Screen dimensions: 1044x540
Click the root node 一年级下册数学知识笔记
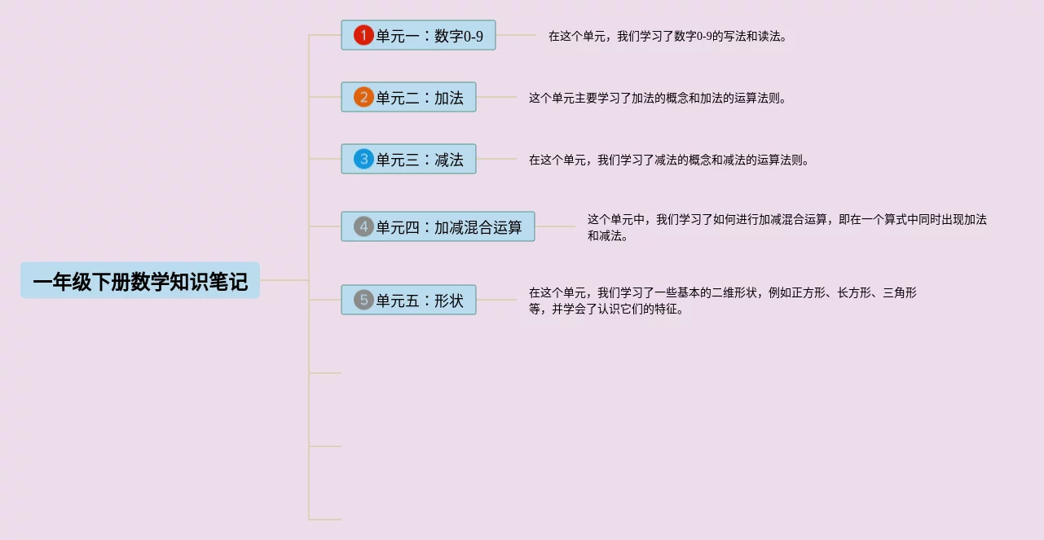[140, 281]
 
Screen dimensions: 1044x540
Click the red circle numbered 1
[363, 35]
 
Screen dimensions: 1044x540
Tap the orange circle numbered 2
[363, 97]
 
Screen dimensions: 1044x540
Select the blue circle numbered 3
[363, 159]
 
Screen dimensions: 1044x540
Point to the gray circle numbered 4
[363, 226]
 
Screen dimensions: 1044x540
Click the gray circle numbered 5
[363, 300]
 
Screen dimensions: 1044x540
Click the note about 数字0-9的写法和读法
[667, 36]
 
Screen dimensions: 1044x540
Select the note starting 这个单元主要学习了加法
[658, 98]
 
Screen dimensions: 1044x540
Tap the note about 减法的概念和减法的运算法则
[669, 160]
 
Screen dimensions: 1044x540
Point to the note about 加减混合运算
[786, 227]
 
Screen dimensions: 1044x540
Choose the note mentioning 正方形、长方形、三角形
[722, 301]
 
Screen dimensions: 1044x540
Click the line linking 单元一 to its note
[515, 35]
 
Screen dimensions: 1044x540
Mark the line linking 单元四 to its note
[555, 226]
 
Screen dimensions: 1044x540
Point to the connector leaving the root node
[284, 280]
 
